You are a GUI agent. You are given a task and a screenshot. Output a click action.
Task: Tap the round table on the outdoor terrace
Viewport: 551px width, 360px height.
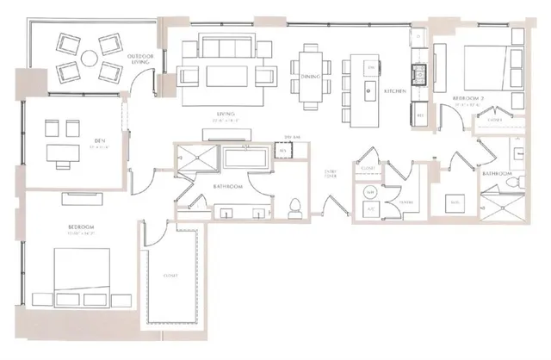88,59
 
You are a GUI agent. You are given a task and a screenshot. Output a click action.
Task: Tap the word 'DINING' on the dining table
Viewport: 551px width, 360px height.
312,78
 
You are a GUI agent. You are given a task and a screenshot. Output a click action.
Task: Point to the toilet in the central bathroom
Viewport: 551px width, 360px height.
294,205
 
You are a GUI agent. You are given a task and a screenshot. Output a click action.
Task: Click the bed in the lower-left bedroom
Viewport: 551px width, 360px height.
84,277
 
